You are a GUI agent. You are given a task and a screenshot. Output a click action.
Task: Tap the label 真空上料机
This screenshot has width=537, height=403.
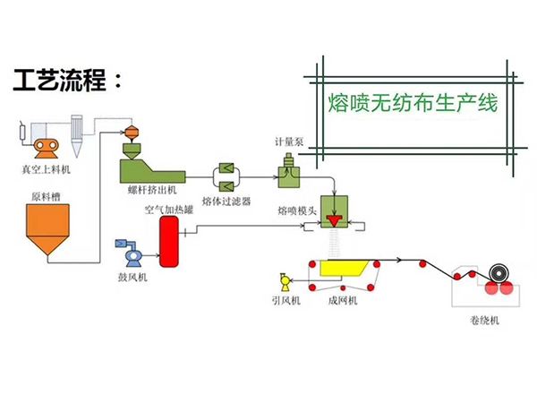tap(46, 168)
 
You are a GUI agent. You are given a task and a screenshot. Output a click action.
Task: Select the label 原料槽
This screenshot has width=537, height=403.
tap(46, 196)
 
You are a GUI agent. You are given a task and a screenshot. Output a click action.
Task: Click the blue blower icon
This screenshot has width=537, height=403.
tap(127, 253)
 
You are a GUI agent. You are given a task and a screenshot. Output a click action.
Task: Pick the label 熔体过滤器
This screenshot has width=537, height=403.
tap(228, 202)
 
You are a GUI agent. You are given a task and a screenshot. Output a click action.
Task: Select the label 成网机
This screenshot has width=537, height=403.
tap(343, 302)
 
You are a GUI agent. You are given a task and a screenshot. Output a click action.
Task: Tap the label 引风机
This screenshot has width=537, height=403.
tap(286, 302)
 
